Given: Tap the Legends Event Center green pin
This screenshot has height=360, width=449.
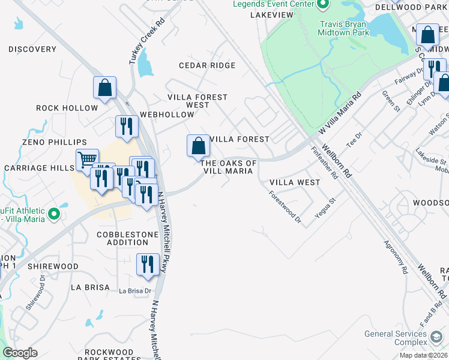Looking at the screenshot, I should pos(323,5).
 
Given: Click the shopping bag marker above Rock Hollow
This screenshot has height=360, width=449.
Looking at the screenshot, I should pos(105,88).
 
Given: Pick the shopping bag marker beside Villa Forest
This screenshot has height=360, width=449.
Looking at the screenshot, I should pos(198,146).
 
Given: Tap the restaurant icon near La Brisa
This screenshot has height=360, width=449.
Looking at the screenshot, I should pos(148,265).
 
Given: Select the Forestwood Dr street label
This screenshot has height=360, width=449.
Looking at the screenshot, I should pos(285,208).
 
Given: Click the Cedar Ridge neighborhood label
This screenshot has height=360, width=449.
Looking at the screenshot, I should pos(207,65).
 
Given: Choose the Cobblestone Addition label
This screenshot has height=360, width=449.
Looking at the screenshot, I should pos(122,238).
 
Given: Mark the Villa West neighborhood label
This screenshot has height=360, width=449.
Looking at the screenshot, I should pos(295,182).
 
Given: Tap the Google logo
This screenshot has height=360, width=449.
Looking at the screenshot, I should pos(20,353).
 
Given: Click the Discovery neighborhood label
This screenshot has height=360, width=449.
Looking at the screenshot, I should pos(32,49).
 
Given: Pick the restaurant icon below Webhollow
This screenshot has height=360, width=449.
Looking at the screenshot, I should pos(127,127).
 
